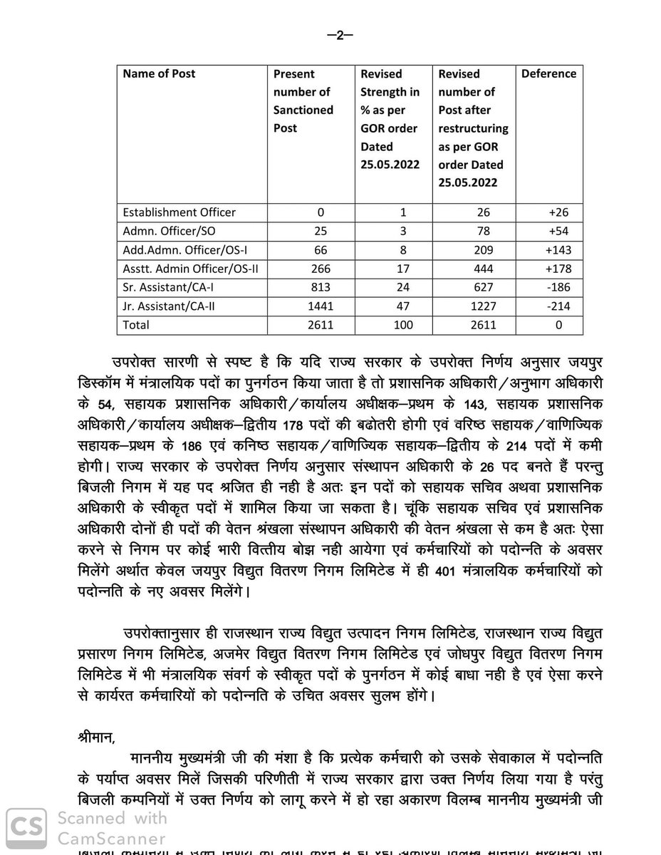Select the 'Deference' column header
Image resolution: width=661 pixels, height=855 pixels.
pyautogui.click(x=548, y=73)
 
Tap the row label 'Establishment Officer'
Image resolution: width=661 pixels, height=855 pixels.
pyautogui.click(x=179, y=212)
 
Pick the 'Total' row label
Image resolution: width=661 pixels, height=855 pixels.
pyautogui.click(x=137, y=326)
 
